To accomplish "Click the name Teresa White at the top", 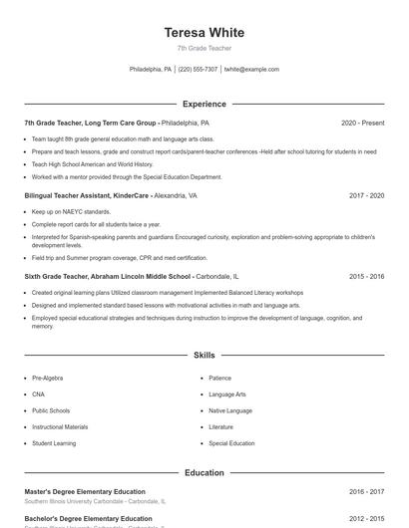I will pos(204,33).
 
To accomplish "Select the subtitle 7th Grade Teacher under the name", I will pos(204,48).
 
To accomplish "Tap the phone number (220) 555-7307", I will pos(198,70).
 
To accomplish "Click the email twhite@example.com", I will pos(251,70).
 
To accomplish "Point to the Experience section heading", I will pos(204,104).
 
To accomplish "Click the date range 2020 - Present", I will pos(362,123).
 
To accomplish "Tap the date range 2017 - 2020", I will pos(366,196).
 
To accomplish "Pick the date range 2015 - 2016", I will pos(366,276).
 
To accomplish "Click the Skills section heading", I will pos(204,355).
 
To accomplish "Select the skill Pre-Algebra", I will pos(48,379).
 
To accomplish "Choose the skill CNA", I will pos(38,395).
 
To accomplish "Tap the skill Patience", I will pos(219,379).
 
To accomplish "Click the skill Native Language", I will pos(230,410).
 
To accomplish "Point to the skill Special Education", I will pos(231,443).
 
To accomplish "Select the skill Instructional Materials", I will pos(58,426).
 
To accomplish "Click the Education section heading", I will pos(204,473).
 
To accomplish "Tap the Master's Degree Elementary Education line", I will pos(85,492).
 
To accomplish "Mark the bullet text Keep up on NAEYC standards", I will pos(71,212).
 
